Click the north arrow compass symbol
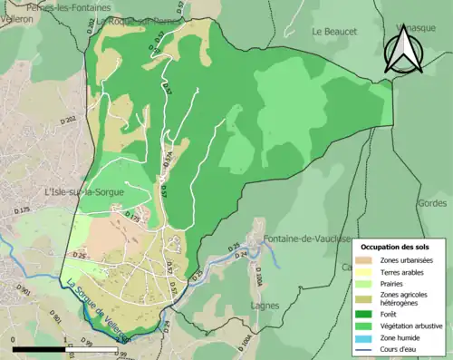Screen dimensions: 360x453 point(404,49)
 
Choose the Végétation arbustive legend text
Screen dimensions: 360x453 point(413,323)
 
